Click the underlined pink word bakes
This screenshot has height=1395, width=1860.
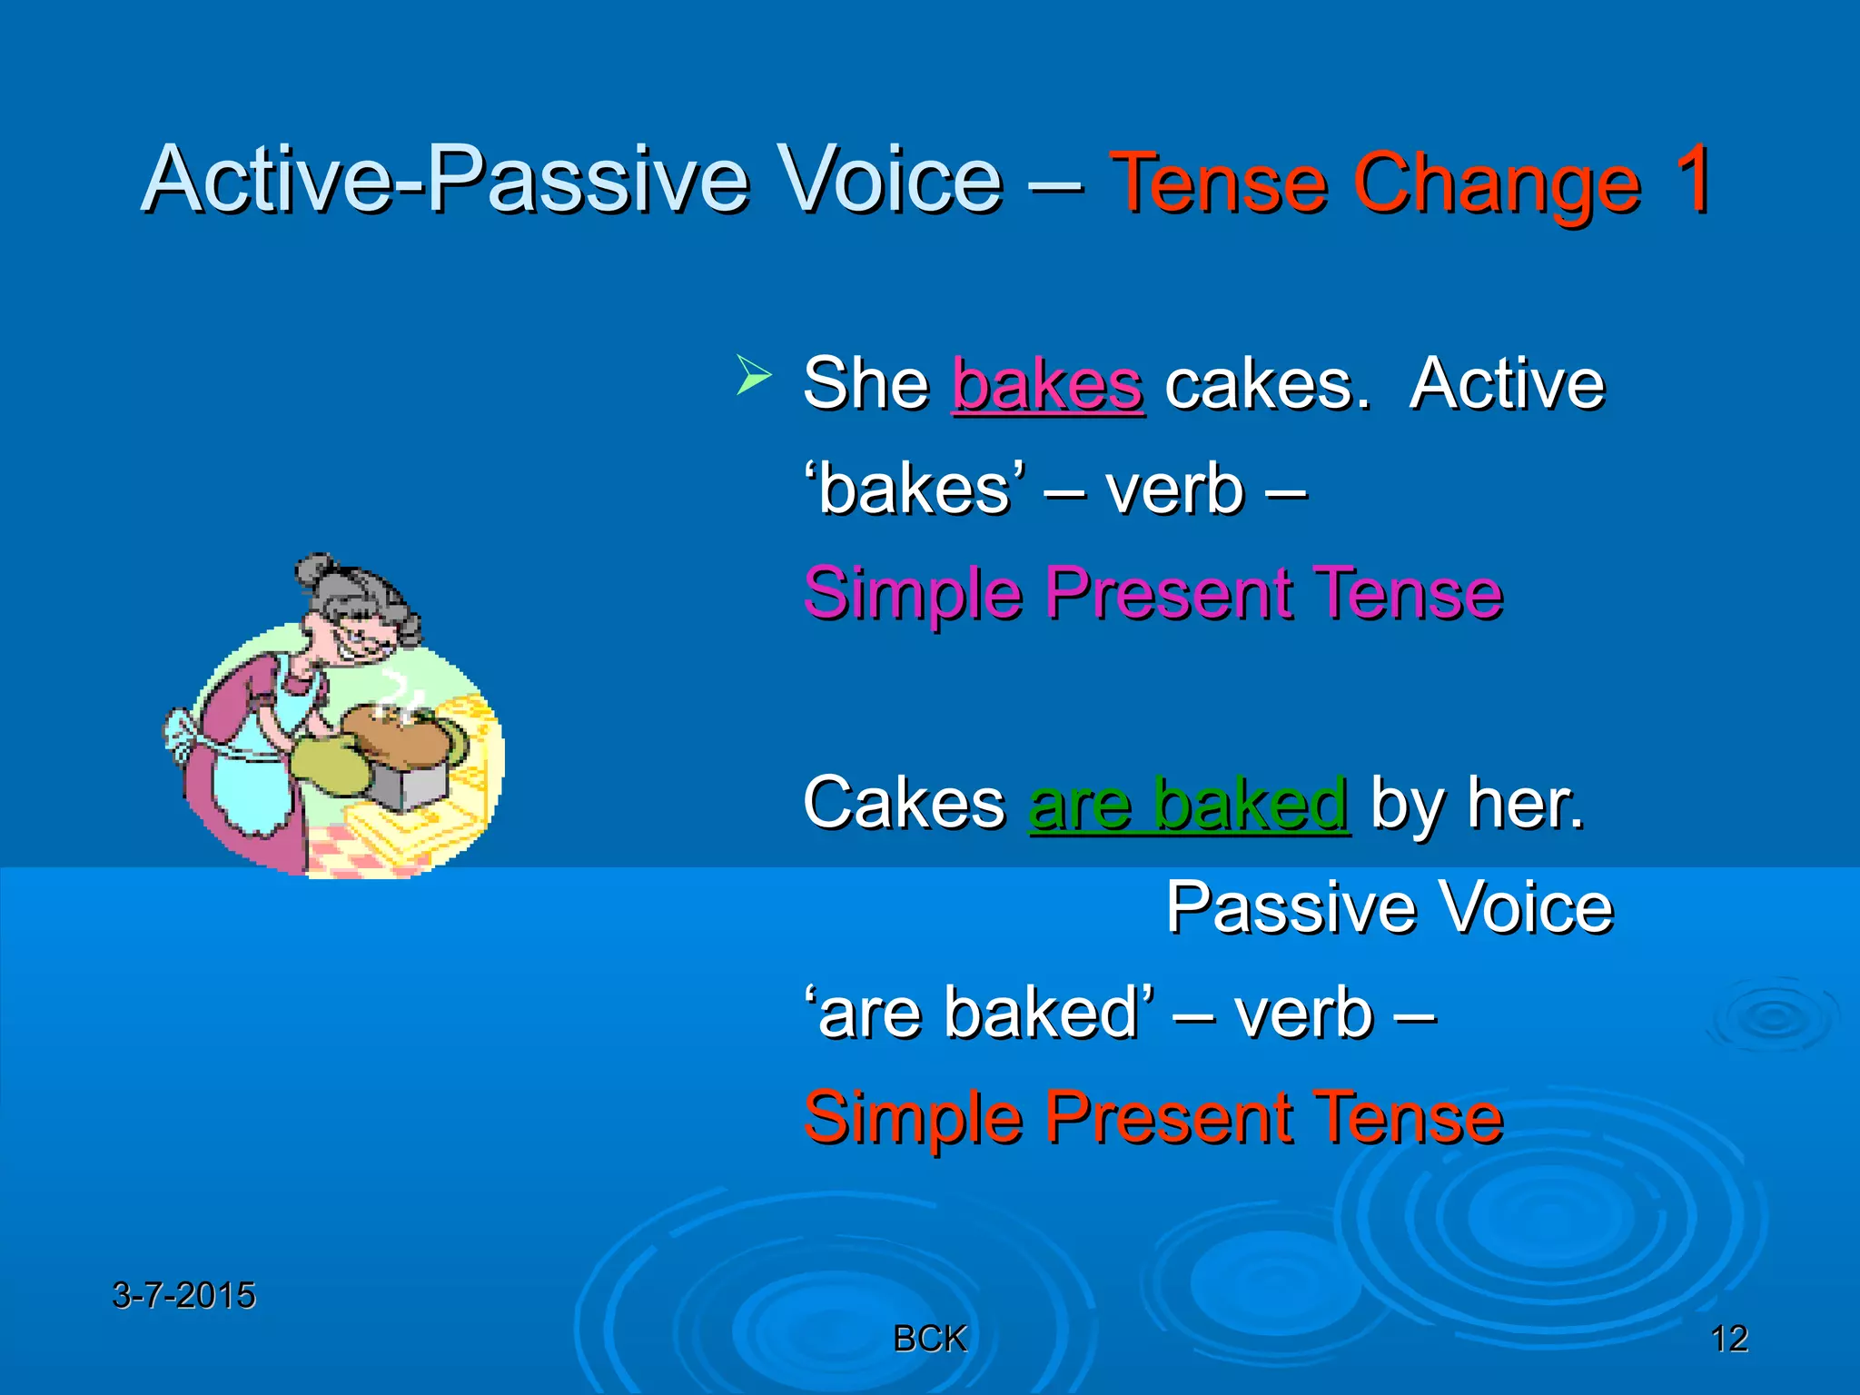(x=1047, y=385)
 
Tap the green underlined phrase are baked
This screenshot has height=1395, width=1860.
(x=1189, y=805)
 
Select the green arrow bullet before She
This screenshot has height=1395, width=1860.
(x=753, y=376)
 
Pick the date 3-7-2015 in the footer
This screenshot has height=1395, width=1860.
(x=183, y=1295)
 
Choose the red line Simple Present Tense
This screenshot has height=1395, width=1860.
(x=1153, y=1118)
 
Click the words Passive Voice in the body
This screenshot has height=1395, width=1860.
(x=1389, y=907)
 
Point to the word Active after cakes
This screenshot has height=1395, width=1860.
(x=1507, y=385)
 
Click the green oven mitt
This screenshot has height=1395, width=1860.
(x=331, y=763)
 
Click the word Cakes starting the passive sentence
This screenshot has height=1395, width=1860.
(x=904, y=805)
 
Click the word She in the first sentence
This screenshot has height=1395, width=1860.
(x=866, y=385)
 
